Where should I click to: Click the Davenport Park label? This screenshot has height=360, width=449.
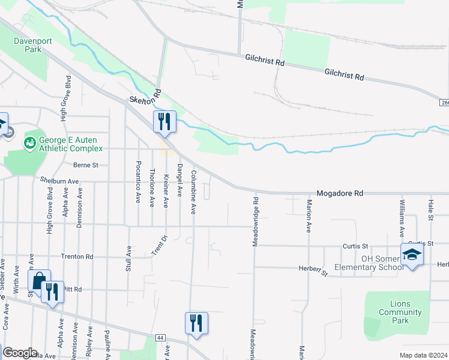point(29,45)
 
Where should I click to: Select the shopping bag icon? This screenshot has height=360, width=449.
point(39,281)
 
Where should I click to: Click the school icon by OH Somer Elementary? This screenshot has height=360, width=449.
point(412,255)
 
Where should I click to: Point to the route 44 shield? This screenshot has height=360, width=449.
point(160,338)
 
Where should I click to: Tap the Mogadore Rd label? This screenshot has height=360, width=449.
point(340,194)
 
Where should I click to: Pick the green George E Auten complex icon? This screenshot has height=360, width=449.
point(29,143)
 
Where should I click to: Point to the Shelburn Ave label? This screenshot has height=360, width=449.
point(59,181)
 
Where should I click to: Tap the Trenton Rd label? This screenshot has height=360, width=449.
point(77,256)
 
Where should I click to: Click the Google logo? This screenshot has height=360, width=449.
point(19,353)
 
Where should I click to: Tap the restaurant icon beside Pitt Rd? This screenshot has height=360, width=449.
point(53,292)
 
